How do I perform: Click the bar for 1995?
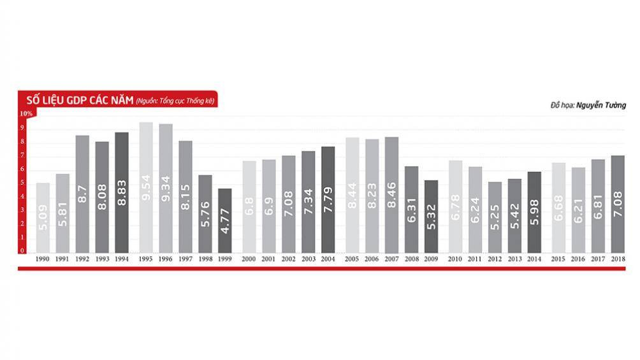click(x=146, y=188)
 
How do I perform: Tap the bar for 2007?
click(x=391, y=195)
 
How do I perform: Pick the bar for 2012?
click(x=494, y=217)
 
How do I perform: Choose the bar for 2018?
click(x=618, y=204)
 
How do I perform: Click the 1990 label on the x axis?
click(x=43, y=260)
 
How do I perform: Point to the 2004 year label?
click(x=328, y=260)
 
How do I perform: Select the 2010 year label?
click(x=455, y=260)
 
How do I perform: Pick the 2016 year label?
click(x=578, y=260)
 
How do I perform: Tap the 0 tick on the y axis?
click(x=22, y=251)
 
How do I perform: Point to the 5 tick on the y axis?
click(x=22, y=183)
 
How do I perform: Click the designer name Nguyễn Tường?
click(x=601, y=104)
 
